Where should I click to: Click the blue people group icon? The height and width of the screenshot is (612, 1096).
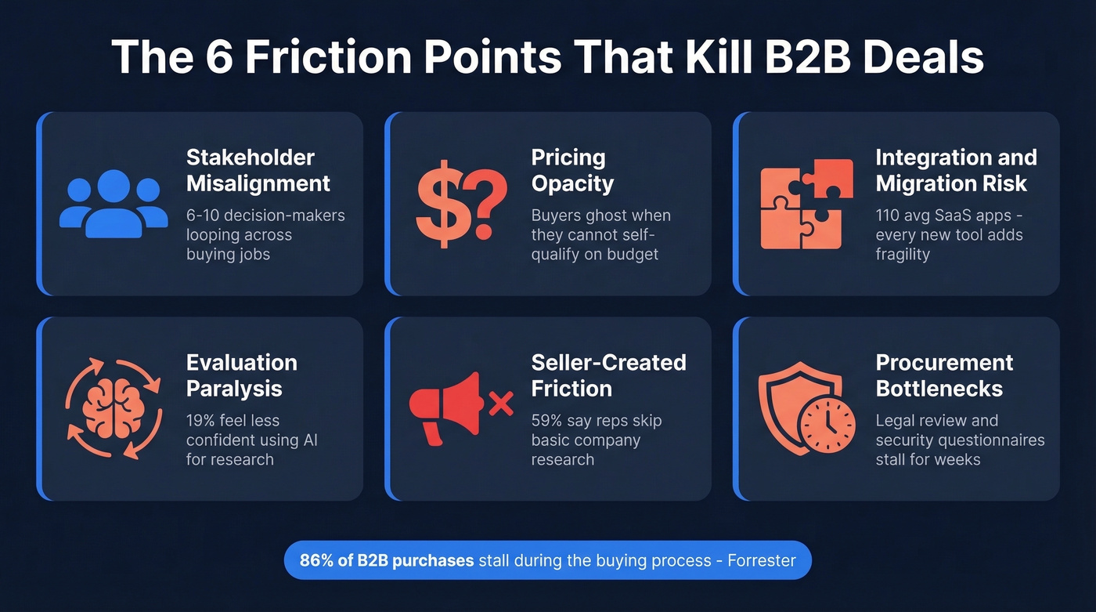[x=114, y=203]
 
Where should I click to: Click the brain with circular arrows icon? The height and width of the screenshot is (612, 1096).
[x=114, y=408]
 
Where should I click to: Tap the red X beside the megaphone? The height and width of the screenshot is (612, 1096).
[x=500, y=404]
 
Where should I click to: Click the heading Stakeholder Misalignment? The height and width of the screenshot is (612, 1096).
[x=258, y=170]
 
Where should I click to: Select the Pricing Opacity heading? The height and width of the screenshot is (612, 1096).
[x=572, y=170]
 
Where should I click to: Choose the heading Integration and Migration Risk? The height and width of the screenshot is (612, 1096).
[x=956, y=170]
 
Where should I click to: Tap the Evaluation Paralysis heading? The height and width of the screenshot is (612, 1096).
[x=241, y=375]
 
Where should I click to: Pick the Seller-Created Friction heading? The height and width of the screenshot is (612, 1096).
[x=608, y=375]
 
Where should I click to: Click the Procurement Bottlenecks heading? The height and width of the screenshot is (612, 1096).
[x=944, y=375]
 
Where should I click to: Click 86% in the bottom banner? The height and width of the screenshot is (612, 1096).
[x=315, y=560]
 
